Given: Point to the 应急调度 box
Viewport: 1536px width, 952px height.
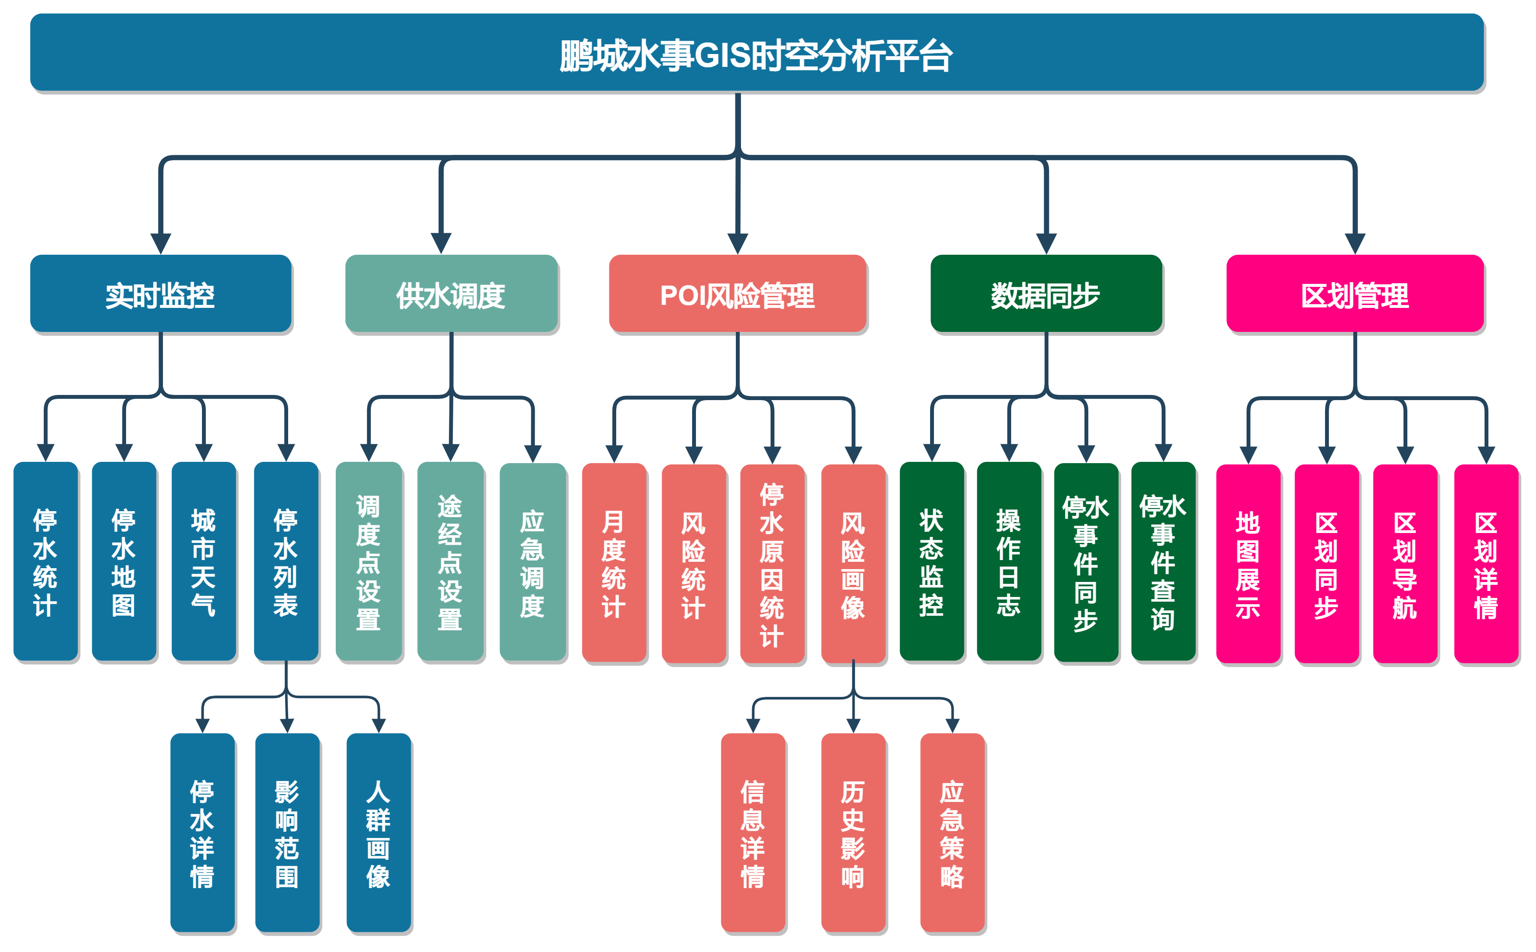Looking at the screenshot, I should (x=533, y=562).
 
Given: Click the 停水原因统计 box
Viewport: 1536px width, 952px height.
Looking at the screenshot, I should (x=772, y=563).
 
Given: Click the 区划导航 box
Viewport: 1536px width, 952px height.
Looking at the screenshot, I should (x=1404, y=563).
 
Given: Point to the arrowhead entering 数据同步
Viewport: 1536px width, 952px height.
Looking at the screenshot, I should (x=1045, y=244).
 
